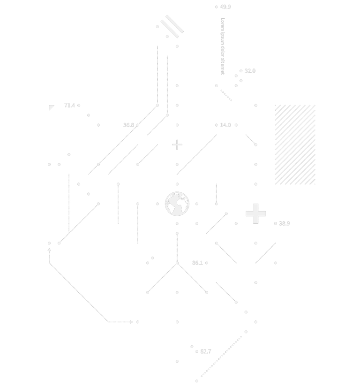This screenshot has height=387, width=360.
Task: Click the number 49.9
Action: [225, 7]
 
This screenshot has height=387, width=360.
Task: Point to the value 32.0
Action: [250, 71]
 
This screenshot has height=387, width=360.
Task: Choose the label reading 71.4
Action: [69, 106]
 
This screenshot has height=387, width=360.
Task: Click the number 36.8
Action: [128, 125]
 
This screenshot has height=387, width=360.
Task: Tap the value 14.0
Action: [225, 125]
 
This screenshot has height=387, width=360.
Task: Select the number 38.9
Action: [284, 224]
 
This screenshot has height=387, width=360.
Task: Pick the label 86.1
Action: [197, 263]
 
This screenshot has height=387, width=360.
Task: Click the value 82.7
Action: [205, 351]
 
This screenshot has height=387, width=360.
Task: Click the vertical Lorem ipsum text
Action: [223, 46]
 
